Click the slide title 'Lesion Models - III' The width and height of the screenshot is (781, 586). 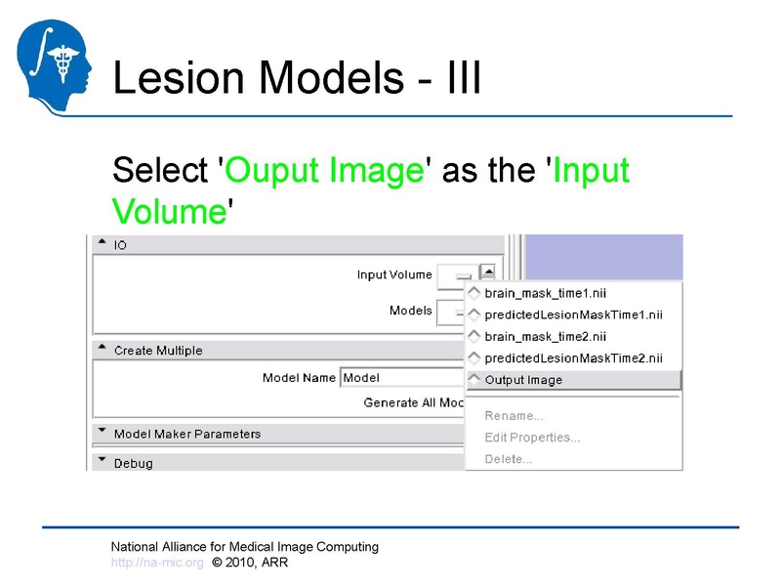(x=297, y=79)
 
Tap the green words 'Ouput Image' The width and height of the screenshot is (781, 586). (x=326, y=170)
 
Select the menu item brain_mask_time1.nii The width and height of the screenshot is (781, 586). (x=546, y=293)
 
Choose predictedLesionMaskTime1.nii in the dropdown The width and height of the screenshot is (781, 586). (x=573, y=314)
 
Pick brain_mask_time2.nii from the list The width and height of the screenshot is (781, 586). (x=546, y=336)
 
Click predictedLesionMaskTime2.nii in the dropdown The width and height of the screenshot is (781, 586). (x=573, y=357)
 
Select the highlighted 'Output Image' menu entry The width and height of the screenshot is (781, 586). (x=524, y=380)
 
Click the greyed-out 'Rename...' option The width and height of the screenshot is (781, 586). (x=514, y=416)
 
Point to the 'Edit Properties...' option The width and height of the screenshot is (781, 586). (x=532, y=438)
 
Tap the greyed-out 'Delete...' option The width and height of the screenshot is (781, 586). (x=509, y=459)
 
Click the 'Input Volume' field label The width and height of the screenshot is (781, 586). (x=394, y=275)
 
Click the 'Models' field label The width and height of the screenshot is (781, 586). (x=410, y=312)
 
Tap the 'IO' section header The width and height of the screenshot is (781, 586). (x=120, y=245)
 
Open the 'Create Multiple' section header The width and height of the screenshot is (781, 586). (x=158, y=350)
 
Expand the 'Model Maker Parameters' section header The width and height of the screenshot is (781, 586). (x=187, y=434)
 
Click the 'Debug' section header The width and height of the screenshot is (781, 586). (x=133, y=463)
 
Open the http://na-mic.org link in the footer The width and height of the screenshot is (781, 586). (x=157, y=563)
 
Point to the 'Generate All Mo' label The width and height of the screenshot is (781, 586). (x=413, y=402)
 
